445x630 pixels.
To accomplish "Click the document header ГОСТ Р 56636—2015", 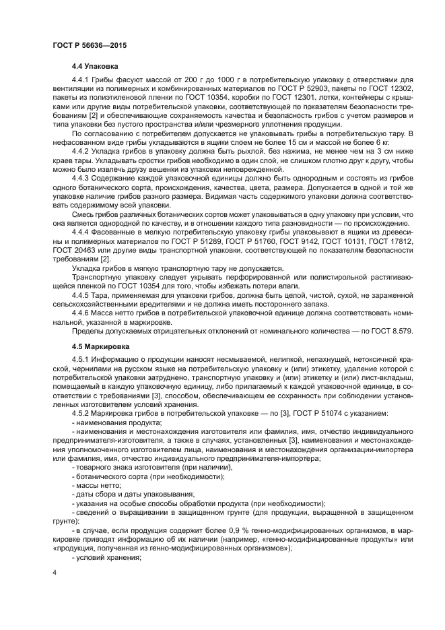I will (x=89, y=44).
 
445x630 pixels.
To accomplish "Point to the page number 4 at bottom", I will (x=55, y=573).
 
